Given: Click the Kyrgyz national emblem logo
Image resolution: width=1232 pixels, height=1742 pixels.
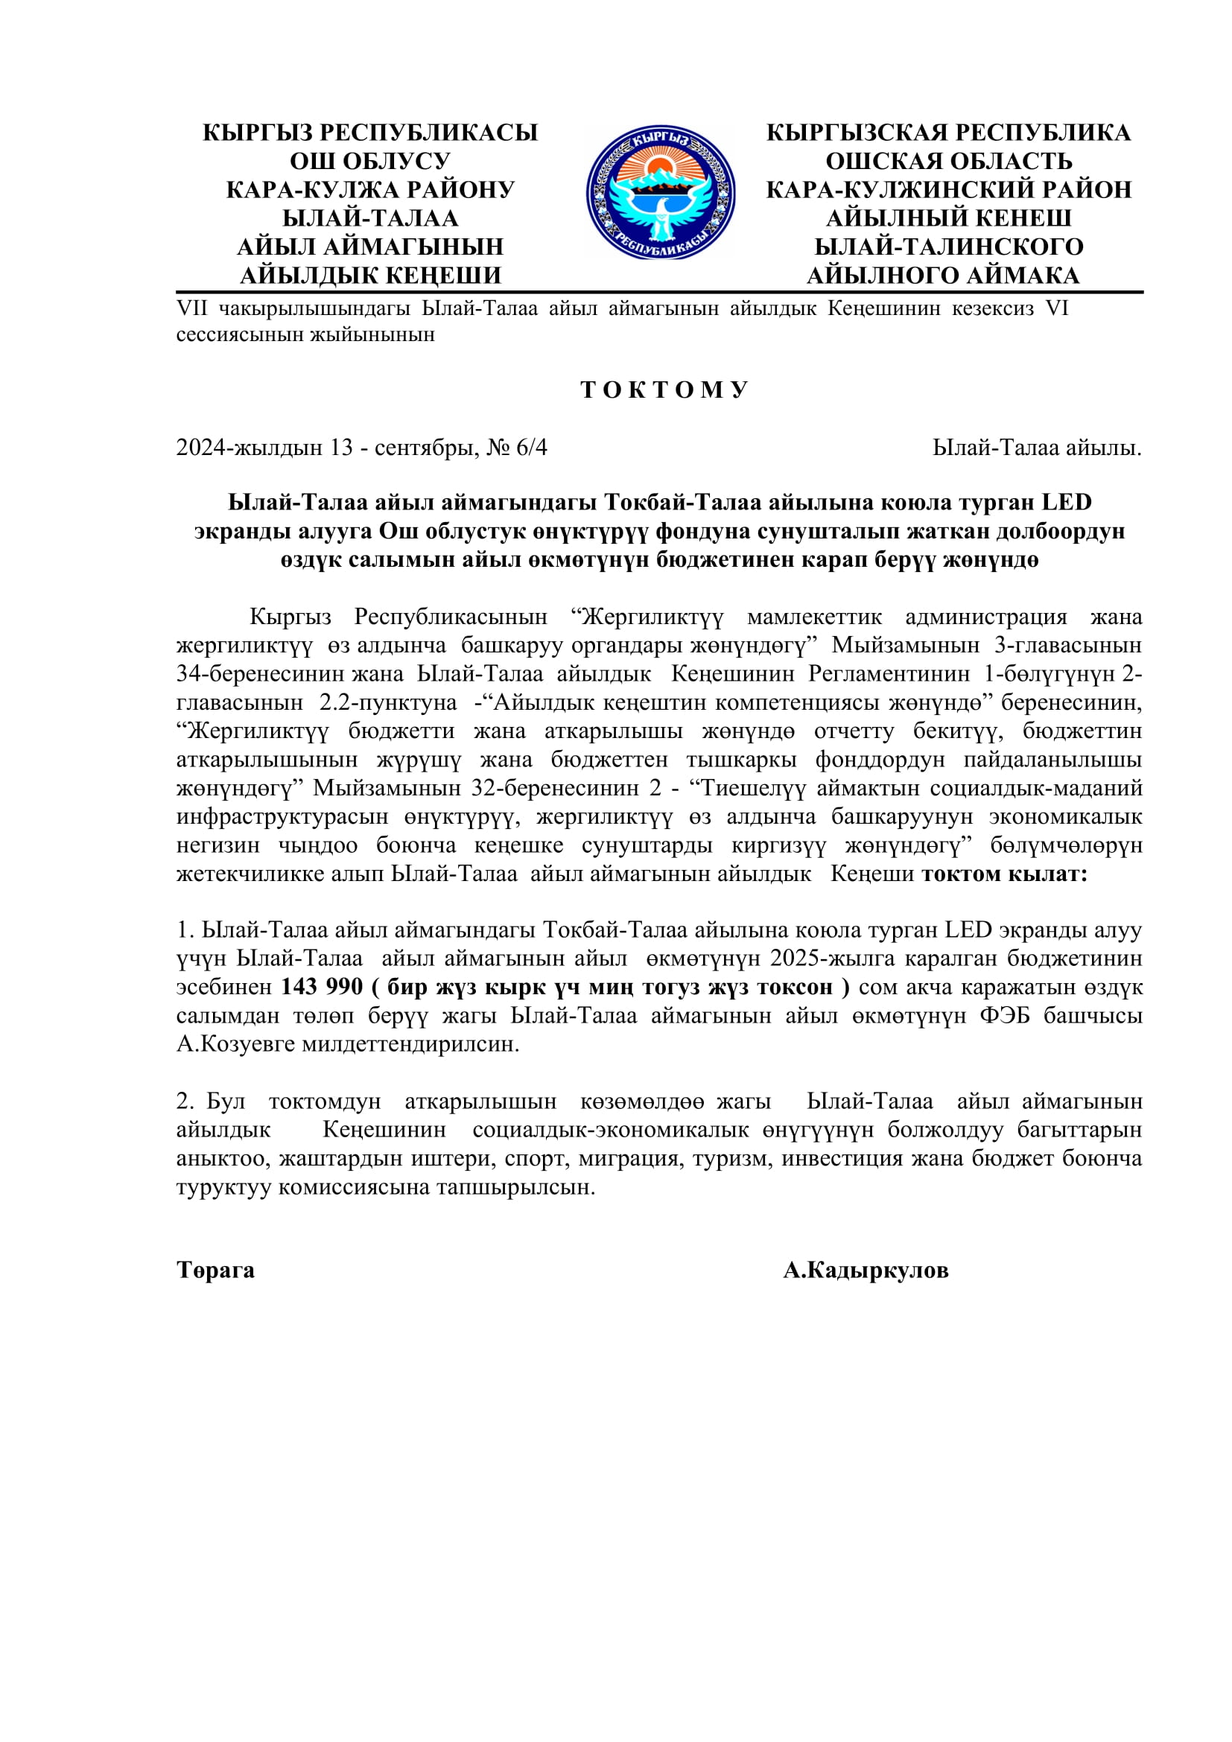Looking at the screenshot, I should coord(659,193).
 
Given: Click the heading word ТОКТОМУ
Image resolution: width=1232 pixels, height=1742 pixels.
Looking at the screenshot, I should coord(664,390).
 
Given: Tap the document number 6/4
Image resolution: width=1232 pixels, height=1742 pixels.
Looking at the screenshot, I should coord(531,448).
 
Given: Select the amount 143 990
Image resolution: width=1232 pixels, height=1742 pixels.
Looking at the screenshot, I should coord(322,987).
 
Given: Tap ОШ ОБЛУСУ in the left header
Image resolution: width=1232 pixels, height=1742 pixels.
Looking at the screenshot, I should coord(370,161).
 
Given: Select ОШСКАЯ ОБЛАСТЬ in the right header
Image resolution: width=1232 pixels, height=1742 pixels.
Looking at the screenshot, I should coord(948,161).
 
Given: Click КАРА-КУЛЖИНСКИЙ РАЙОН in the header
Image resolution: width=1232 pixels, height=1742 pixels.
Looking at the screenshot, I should coord(948,190).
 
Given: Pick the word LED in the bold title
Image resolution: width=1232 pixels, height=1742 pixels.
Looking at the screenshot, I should coord(1066,502).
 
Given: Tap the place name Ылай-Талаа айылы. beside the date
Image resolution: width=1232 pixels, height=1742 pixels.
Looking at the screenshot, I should coord(1037,448).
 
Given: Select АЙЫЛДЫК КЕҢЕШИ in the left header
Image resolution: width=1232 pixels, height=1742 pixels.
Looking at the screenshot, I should coord(370,276).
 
